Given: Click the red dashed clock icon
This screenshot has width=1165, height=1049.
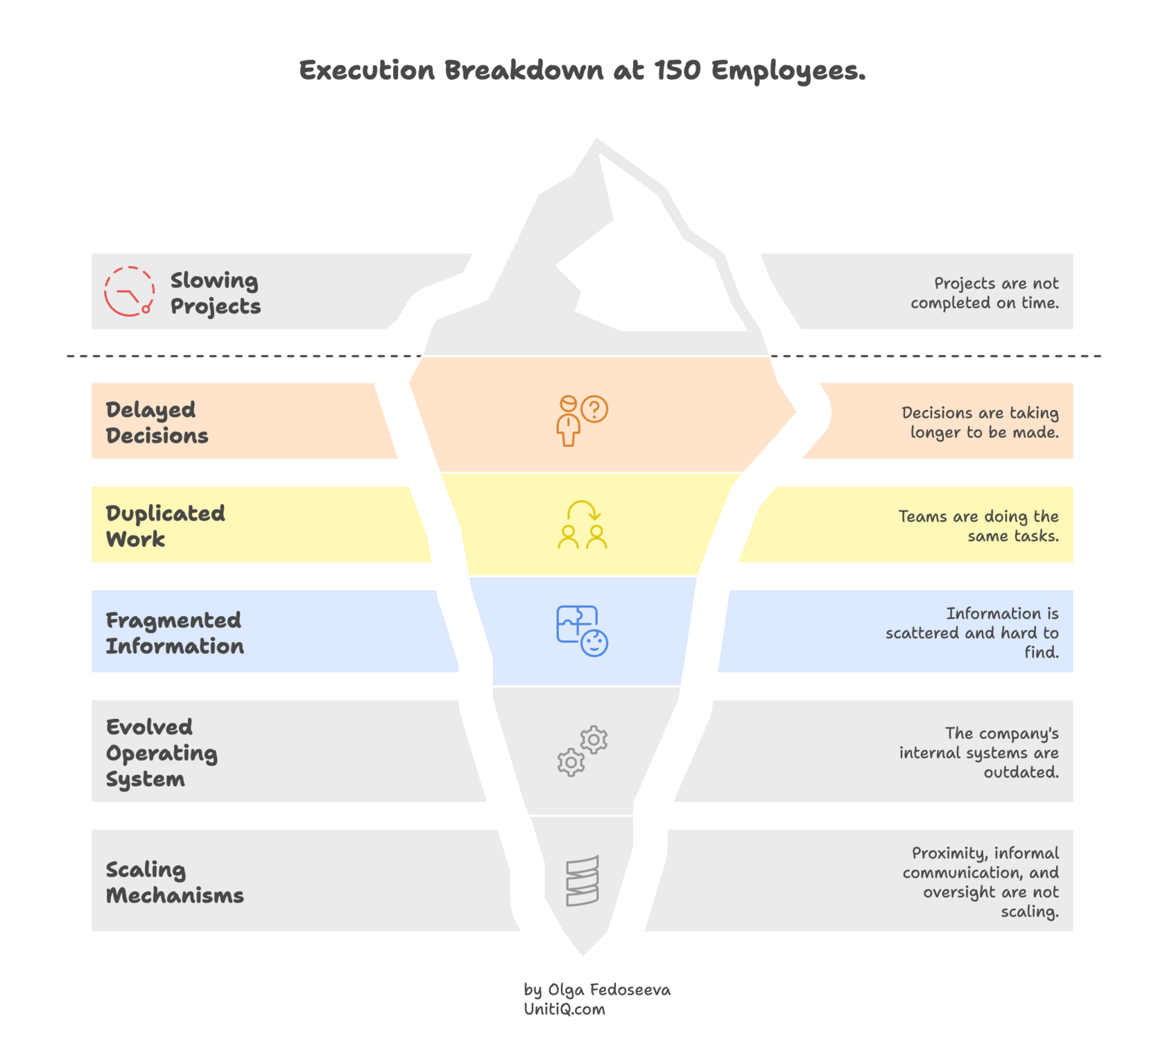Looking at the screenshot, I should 129,291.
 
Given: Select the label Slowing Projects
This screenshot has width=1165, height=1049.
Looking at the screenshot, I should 215,293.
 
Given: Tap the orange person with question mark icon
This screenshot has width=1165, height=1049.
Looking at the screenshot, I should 582,420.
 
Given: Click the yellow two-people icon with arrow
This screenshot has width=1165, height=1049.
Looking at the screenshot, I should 582,525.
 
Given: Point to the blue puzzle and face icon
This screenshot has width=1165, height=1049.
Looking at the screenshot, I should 582,631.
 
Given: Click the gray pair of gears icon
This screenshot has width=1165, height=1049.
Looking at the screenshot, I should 582,751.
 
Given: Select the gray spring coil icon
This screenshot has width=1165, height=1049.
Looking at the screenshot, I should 582,880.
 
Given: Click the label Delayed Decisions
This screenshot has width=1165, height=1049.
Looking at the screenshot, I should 157,422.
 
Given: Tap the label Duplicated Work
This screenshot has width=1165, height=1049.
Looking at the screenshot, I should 165,525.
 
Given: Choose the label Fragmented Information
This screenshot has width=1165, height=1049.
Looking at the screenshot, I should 174,633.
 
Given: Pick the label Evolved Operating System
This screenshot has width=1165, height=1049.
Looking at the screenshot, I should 161,753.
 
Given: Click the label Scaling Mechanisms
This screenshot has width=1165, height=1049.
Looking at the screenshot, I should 174,882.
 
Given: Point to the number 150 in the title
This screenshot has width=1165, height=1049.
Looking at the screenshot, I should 677,70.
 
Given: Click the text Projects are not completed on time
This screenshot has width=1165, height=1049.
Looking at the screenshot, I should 985,293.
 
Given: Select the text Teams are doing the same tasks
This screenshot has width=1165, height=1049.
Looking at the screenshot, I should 978,526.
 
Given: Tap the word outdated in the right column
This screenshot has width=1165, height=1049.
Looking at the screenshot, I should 1021,772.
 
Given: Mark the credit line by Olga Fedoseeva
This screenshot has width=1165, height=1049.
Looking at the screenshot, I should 597,989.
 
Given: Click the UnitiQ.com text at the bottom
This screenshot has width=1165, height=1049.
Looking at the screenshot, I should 564,1009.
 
